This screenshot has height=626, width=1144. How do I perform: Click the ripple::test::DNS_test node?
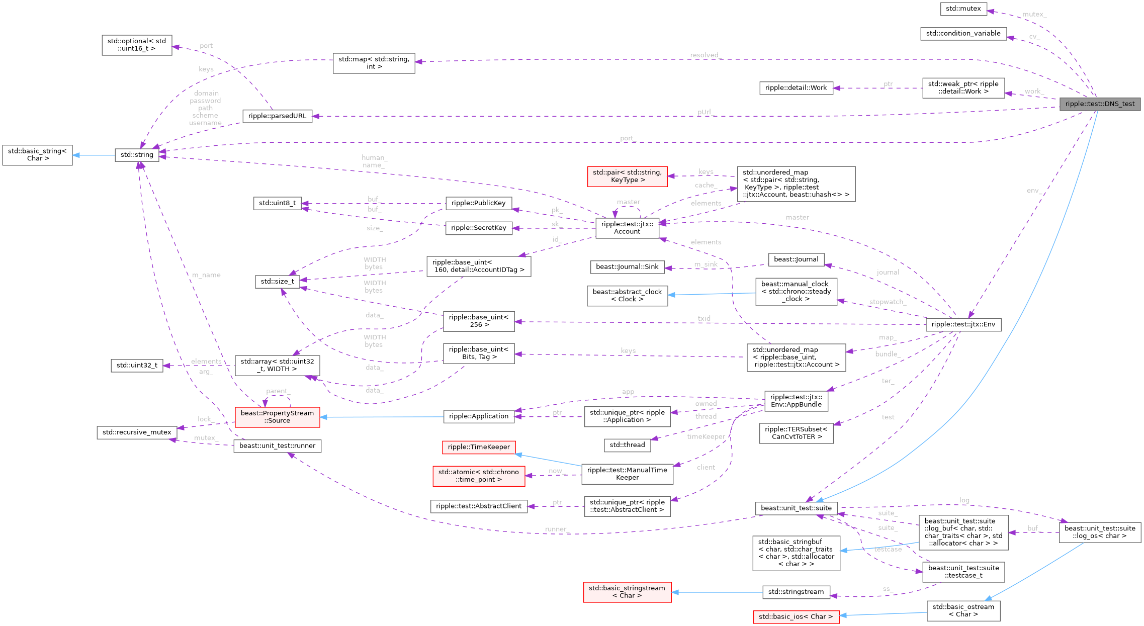click(1100, 104)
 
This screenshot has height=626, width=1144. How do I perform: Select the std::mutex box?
click(963, 9)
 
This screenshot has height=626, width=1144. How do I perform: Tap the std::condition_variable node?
click(963, 34)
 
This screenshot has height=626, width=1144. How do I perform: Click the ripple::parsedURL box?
click(277, 116)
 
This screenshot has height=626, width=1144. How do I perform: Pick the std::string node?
click(137, 155)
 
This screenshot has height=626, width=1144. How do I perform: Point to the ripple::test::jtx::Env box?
click(963, 324)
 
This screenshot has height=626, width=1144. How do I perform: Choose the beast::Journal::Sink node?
click(627, 267)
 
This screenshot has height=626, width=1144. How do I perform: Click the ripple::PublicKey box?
click(478, 203)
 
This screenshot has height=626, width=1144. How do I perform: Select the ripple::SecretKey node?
click(478, 228)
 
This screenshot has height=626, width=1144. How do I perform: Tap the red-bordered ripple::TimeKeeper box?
click(479, 447)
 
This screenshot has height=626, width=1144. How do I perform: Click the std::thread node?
click(627, 445)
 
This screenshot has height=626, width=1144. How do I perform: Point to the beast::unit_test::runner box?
click(277, 446)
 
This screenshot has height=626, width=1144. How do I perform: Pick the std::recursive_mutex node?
click(137, 432)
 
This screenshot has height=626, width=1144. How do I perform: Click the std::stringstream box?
click(796, 592)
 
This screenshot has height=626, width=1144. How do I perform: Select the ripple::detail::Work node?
click(796, 88)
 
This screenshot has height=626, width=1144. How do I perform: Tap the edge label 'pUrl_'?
click(705, 112)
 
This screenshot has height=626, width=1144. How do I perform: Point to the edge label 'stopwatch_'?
click(888, 302)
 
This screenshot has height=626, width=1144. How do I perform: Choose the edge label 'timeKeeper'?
click(706, 436)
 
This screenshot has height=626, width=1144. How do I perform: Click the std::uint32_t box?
click(137, 366)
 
